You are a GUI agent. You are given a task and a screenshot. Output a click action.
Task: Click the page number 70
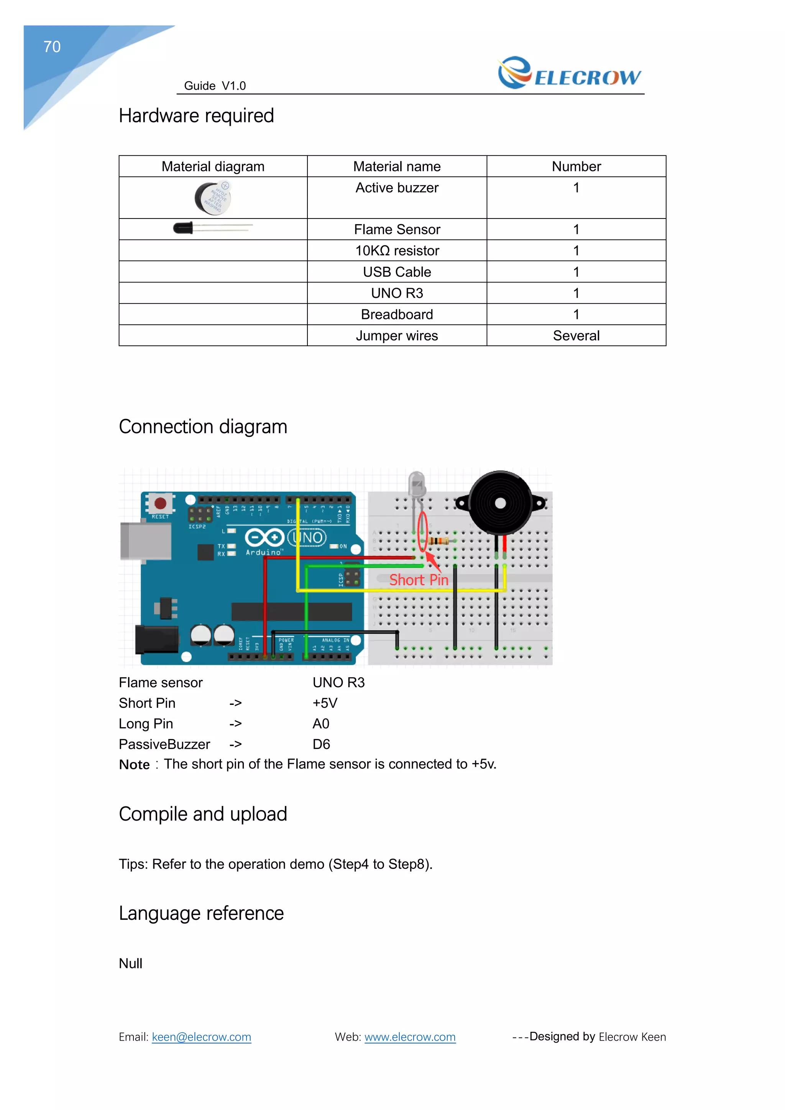click(x=52, y=47)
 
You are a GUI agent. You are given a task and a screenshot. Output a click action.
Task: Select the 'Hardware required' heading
click(x=196, y=116)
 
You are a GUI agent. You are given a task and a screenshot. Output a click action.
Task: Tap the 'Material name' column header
click(x=397, y=166)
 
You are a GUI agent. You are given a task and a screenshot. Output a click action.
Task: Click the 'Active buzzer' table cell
click(x=397, y=188)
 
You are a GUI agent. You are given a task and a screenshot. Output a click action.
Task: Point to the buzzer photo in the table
click(x=213, y=198)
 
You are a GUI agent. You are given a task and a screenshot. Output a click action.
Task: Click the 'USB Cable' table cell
click(x=397, y=272)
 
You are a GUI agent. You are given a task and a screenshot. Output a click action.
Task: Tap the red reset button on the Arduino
click(x=160, y=503)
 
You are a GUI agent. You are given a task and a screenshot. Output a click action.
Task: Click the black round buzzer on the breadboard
click(x=500, y=503)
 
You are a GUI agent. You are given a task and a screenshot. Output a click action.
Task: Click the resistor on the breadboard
click(x=439, y=541)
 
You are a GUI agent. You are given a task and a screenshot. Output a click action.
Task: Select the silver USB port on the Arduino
click(x=146, y=542)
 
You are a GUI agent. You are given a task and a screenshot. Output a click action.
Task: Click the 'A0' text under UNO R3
click(x=321, y=724)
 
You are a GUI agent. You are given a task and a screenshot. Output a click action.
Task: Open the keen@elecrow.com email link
click(x=202, y=1037)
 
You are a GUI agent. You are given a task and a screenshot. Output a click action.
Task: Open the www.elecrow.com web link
click(x=410, y=1037)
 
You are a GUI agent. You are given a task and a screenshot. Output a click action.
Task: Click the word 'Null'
click(x=130, y=964)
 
